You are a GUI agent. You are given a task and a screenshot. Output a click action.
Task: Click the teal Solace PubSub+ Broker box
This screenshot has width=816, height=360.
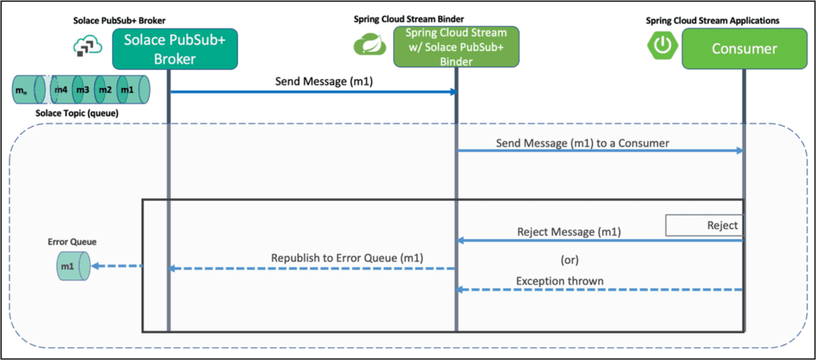point(168,48)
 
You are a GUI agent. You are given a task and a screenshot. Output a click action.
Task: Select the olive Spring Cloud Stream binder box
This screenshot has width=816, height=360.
point(456,48)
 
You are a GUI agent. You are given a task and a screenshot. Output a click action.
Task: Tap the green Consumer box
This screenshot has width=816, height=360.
point(743,49)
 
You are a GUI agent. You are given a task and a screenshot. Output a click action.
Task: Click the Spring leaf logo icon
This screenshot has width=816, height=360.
point(369,45)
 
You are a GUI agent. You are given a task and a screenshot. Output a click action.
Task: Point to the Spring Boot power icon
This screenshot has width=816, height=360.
point(662,45)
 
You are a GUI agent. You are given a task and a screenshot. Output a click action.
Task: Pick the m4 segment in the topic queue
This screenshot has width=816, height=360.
point(61,89)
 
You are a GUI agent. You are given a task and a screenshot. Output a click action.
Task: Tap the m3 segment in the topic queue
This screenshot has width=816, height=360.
point(82,89)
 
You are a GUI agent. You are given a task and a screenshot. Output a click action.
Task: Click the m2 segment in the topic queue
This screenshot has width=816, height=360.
point(104,89)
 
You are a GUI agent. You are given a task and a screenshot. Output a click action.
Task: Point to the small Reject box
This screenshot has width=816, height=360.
point(704,225)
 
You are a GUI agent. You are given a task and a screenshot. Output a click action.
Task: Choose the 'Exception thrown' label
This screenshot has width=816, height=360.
point(559,280)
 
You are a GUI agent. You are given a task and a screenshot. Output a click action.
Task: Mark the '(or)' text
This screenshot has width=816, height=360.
point(566,259)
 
